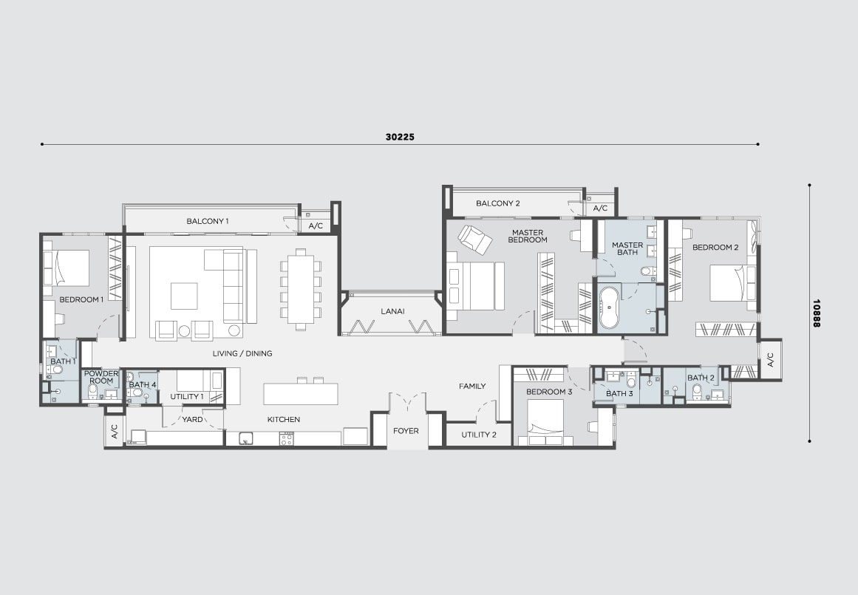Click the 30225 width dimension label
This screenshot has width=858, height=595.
[400, 137]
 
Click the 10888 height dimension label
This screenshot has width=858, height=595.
[817, 313]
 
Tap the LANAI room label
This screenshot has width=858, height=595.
[392, 311]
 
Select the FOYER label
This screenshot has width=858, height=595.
[406, 431]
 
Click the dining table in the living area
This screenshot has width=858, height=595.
[300, 289]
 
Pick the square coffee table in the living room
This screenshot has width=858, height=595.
[184, 296]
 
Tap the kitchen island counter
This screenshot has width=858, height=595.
[300, 394]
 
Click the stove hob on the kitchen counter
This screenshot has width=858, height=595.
[287, 438]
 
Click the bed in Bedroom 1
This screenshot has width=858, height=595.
[67, 268]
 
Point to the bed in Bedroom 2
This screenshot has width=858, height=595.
[733, 283]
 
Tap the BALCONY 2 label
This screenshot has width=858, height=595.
[498, 203]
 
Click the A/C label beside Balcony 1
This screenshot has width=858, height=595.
[316, 225]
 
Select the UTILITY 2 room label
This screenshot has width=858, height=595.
[479, 435]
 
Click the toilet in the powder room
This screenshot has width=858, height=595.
[93, 390]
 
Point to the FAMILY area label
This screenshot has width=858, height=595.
[472, 387]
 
